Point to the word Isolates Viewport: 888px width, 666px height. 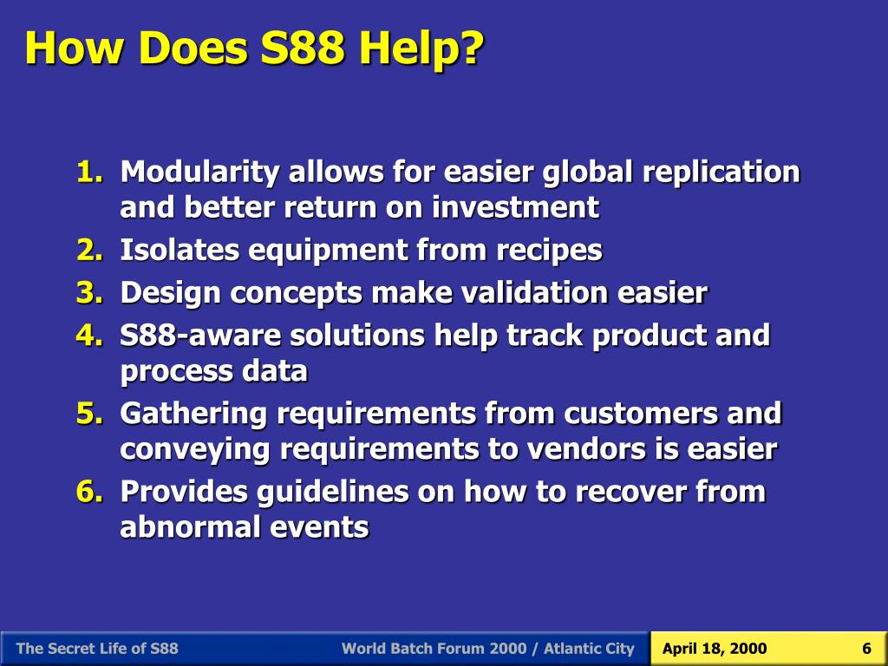tap(180, 251)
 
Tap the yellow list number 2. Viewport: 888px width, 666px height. tap(88, 251)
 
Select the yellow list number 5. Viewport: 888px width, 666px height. tap(88, 414)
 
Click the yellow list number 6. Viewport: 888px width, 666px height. tap(88, 492)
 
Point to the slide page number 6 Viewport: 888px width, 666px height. tap(866, 649)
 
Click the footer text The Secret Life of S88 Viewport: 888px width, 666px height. tap(97, 649)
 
